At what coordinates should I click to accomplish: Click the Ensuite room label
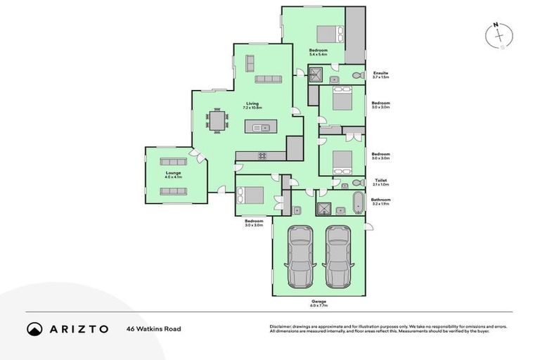coord(380,72)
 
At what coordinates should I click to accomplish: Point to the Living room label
coord(252,103)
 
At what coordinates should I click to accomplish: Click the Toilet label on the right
coord(380,180)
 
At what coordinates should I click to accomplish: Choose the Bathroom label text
coord(380,199)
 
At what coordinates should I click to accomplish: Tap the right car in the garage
coord(337,254)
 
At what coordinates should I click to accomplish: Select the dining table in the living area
coord(217,121)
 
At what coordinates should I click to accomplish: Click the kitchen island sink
coord(261,127)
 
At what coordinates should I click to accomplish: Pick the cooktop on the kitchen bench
coord(261,155)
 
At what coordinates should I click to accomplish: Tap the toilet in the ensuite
coord(356,75)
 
